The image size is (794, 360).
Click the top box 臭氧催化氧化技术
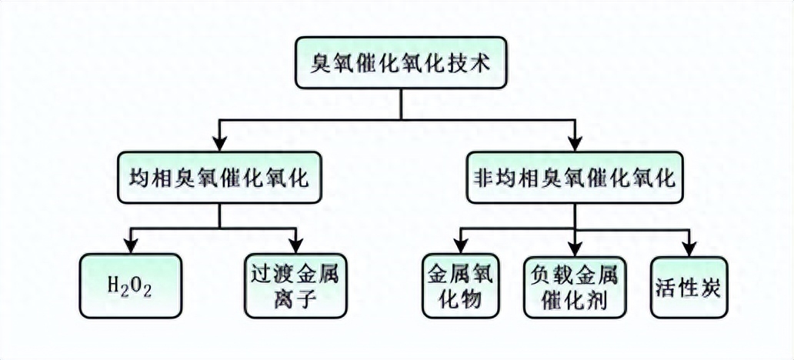click(x=401, y=62)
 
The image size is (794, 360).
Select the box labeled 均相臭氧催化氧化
click(x=220, y=178)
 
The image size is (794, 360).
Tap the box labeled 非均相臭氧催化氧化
click(x=575, y=178)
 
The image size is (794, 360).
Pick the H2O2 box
click(x=132, y=285)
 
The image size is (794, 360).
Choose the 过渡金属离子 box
click(x=295, y=285)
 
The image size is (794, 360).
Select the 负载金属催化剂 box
click(x=575, y=285)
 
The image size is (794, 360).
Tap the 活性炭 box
click(x=689, y=285)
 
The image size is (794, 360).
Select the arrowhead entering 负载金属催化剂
click(x=575, y=248)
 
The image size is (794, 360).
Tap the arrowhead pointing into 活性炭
click(x=689, y=248)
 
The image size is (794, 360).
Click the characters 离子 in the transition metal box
click(x=295, y=299)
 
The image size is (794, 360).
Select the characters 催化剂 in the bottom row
click(x=575, y=299)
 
